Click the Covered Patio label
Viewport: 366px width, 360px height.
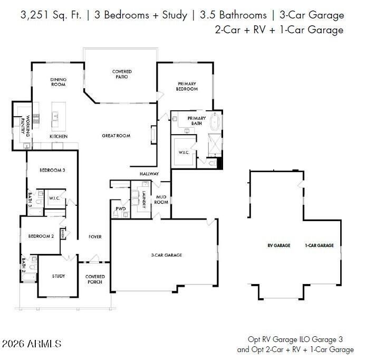click(122, 74)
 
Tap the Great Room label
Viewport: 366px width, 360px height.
click(116, 136)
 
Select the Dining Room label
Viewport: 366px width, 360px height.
click(59, 82)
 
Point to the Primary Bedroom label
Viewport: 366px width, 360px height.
click(187, 86)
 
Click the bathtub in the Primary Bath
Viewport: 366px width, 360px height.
click(215, 122)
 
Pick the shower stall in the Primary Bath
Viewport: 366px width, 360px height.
click(215, 144)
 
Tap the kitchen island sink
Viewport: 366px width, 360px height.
click(55, 116)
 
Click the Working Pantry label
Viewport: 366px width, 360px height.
click(25, 126)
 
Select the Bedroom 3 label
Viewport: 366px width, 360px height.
click(52, 170)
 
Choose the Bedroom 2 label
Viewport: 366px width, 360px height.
click(41, 236)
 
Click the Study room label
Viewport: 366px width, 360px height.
click(59, 276)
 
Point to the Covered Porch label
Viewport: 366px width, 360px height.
click(95, 279)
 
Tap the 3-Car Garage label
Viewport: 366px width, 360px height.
click(167, 255)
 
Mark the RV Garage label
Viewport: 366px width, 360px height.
click(279, 245)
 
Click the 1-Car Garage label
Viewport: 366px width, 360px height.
click(319, 245)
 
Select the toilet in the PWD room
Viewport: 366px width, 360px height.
click(115, 214)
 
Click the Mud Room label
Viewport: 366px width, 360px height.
click(161, 200)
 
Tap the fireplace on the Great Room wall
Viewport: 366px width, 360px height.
click(154, 135)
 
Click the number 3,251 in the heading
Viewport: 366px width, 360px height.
click(35, 15)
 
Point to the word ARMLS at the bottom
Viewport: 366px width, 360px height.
click(44, 344)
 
